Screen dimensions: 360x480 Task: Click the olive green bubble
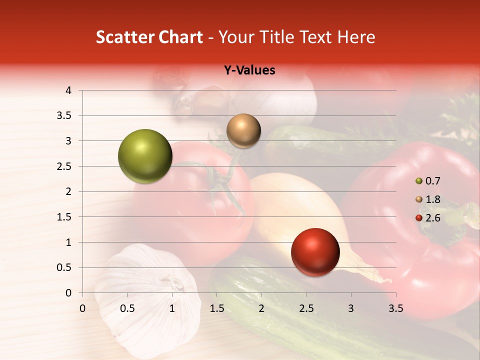coord(145,156)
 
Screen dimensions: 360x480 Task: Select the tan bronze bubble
coord(243,130)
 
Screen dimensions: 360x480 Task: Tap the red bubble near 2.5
coord(315,251)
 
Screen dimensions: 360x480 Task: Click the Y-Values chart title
coord(249,70)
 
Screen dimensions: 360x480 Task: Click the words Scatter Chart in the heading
coord(149,37)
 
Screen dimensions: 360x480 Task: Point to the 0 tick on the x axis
coord(83,308)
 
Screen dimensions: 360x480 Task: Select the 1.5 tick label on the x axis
coord(216,308)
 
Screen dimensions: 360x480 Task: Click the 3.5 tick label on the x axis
coord(395,308)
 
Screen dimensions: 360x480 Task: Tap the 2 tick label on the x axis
coord(261,308)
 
